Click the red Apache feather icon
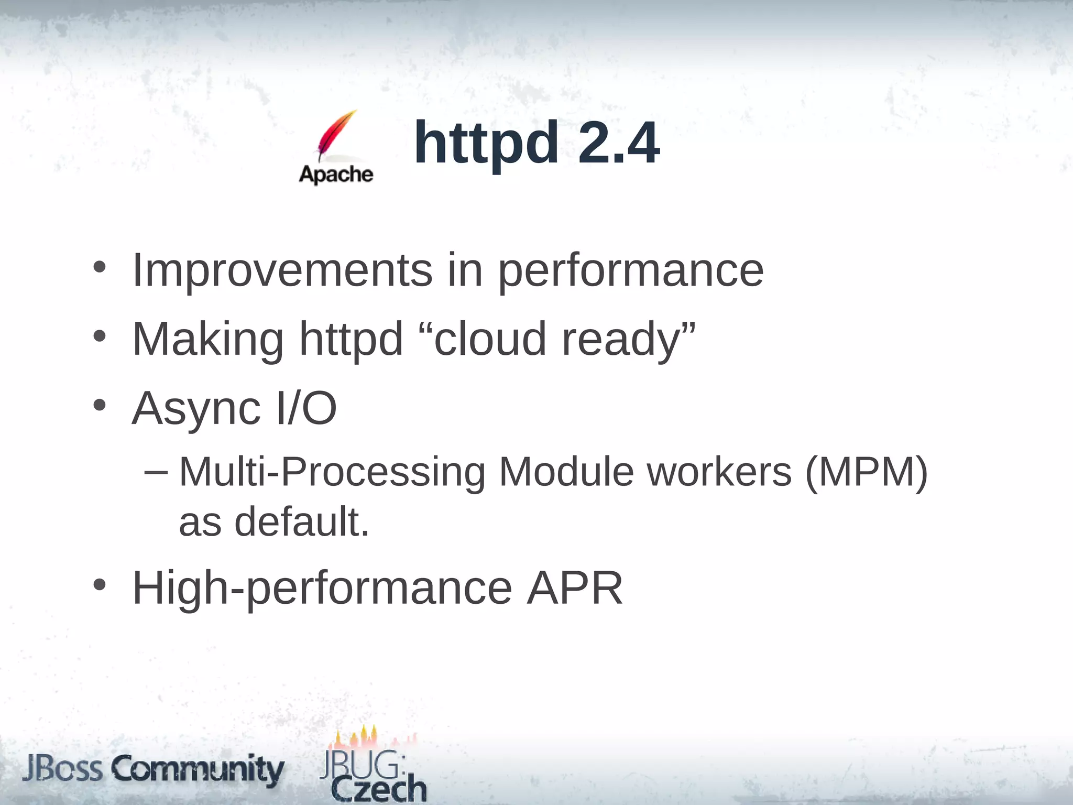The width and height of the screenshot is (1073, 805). click(335, 135)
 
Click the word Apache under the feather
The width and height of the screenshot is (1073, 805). click(336, 174)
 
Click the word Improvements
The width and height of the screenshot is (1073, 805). click(282, 270)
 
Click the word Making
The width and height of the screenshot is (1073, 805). click(208, 340)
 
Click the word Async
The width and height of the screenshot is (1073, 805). click(196, 409)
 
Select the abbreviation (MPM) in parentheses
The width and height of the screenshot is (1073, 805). click(866, 472)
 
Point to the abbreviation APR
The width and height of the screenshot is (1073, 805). click(575, 588)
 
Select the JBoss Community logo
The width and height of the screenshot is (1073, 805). click(153, 769)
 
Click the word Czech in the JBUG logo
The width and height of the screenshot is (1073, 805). click(379, 789)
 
